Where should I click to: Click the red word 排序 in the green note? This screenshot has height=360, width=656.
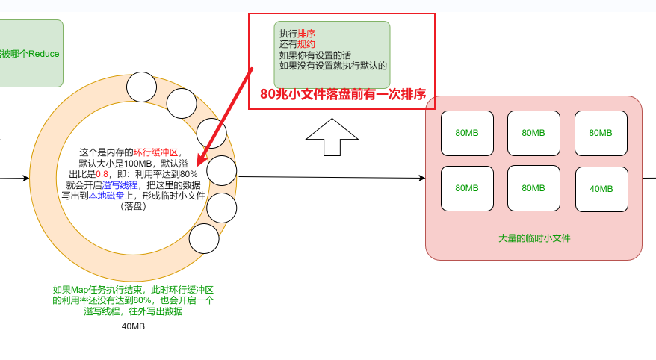coord(306,34)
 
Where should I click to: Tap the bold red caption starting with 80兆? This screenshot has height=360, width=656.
coord(342,94)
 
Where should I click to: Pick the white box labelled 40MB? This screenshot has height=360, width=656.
coord(601,188)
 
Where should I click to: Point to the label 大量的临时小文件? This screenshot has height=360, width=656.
coord(533,238)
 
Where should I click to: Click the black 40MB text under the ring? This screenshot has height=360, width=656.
coord(133,326)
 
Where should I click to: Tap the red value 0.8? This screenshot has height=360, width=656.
coord(103,174)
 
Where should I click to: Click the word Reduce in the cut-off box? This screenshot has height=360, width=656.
coord(44,54)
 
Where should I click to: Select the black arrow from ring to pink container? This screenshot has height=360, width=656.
coord(329,178)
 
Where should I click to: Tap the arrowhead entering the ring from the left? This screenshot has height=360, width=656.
coord(26,179)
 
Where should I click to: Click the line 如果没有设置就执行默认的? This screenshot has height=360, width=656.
coord(332,66)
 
